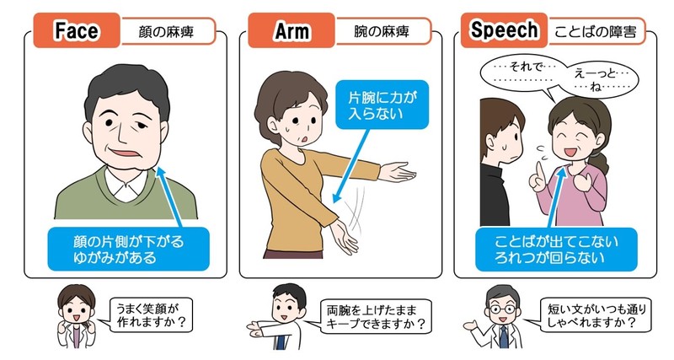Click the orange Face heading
tap(77, 30)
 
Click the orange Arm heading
tap(291, 30)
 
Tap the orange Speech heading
tap(504, 30)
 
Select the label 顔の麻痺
tap(166, 32)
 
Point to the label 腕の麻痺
tap(382, 31)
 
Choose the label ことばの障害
tap(596, 32)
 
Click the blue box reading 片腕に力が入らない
tap(382, 105)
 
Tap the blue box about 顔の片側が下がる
tap(128, 250)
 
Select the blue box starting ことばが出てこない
tap(556, 250)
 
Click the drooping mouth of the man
tap(125, 153)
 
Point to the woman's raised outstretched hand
tap(398, 172)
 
